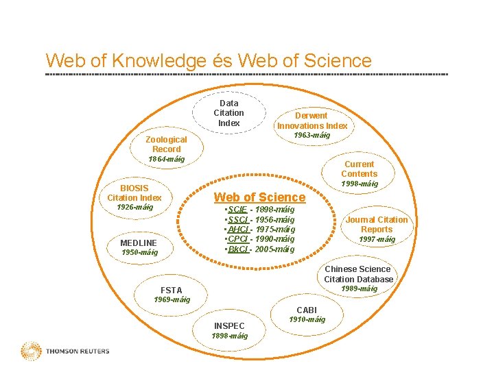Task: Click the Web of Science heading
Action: coord(260,197)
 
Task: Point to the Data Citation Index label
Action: coord(228,113)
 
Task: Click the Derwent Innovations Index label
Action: coord(312,121)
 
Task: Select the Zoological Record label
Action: coord(166,144)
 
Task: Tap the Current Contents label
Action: coord(359,169)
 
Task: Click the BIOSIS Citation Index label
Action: coord(134,193)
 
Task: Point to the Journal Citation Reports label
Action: coord(376,224)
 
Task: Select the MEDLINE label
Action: coord(139,243)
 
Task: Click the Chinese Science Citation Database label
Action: coord(359,274)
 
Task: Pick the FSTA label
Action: coord(171,290)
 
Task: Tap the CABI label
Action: coord(307,310)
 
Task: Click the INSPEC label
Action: coord(229,325)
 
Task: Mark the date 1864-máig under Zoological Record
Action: coord(167,159)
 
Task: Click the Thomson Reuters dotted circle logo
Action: coord(31,351)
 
